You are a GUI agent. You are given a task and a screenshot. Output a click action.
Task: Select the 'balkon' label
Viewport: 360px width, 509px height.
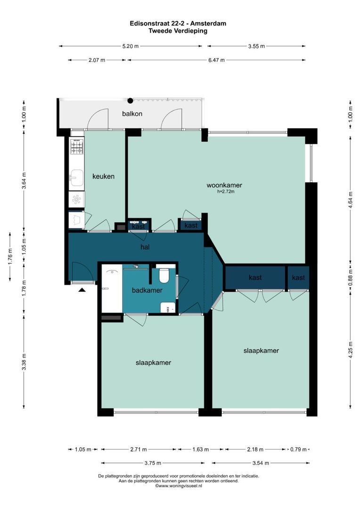[x=132, y=114]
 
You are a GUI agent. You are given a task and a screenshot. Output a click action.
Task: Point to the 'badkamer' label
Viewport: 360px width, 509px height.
[x=145, y=290]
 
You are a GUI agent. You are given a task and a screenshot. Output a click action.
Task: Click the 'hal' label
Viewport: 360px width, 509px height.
[x=145, y=246]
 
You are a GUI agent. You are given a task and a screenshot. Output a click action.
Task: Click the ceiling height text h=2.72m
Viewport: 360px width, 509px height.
[x=226, y=192]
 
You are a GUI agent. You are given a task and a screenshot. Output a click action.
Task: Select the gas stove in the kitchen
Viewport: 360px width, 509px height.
[x=77, y=147]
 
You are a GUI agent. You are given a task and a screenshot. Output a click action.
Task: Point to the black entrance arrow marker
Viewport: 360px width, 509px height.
[x=82, y=290]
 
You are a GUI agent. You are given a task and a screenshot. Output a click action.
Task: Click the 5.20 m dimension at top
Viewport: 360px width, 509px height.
[x=131, y=46]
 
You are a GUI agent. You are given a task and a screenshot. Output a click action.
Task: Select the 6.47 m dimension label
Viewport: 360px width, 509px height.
[x=216, y=60]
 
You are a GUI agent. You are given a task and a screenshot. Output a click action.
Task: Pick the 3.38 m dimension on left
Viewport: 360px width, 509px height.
[x=24, y=362]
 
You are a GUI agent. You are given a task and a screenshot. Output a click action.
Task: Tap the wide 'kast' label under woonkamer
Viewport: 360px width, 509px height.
[x=255, y=278]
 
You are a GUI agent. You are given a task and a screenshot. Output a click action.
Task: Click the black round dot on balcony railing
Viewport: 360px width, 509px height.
[x=131, y=100]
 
